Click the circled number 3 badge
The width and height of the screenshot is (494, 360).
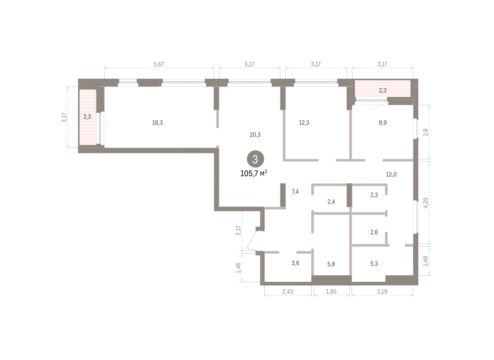tap(255, 159)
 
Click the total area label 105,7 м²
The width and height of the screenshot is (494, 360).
tap(254, 173)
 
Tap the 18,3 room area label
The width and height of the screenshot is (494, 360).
tap(157, 122)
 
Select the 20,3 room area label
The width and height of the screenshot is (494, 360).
tap(255, 135)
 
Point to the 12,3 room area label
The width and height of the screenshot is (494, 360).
tap(304, 122)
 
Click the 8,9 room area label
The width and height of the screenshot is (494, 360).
tap(382, 122)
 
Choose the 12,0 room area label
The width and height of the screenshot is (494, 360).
tap(391, 174)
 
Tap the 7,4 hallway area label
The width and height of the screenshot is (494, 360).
tap(295, 192)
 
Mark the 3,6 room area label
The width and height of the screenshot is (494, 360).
tap(295, 263)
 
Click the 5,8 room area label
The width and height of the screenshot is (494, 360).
tap(331, 264)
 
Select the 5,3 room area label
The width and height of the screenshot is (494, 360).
tap(374, 264)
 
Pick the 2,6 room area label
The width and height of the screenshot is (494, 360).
tap(374, 232)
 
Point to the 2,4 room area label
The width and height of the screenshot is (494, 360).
tap(331, 201)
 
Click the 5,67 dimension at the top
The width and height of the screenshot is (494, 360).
tap(159, 64)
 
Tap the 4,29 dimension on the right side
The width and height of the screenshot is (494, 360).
tap(426, 203)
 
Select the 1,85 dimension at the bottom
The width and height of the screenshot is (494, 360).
tap(331, 292)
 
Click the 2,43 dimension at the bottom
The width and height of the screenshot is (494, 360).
tap(288, 292)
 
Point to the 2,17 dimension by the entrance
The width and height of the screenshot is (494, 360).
tap(238, 230)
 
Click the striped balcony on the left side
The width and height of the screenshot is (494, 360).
tap(88, 117)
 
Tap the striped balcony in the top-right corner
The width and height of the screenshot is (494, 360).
tap(382, 88)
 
